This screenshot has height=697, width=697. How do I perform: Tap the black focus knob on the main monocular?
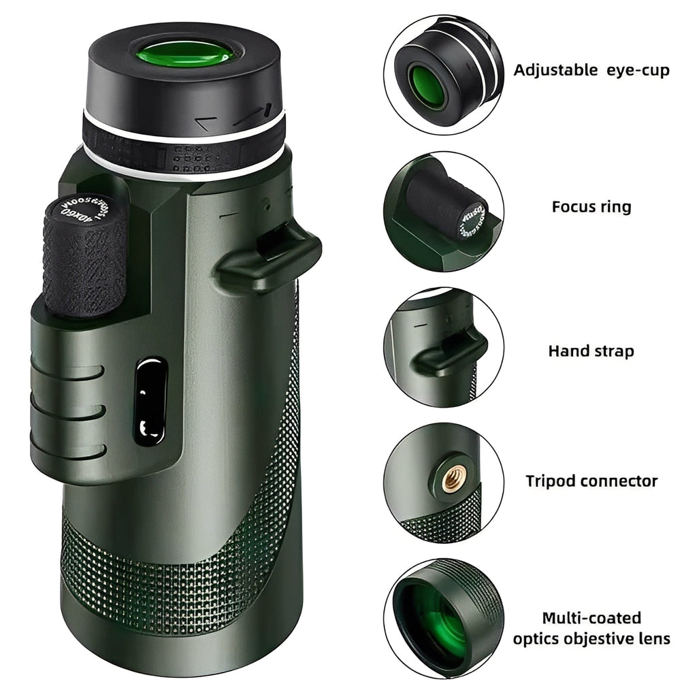tap(84, 259)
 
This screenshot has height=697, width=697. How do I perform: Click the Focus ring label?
tap(591, 206)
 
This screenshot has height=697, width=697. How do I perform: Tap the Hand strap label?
tap(591, 351)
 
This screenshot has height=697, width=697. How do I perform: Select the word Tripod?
tap(550, 481)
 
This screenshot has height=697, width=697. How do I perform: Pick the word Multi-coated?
tap(591, 618)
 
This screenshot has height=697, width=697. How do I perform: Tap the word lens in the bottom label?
tap(655, 638)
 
